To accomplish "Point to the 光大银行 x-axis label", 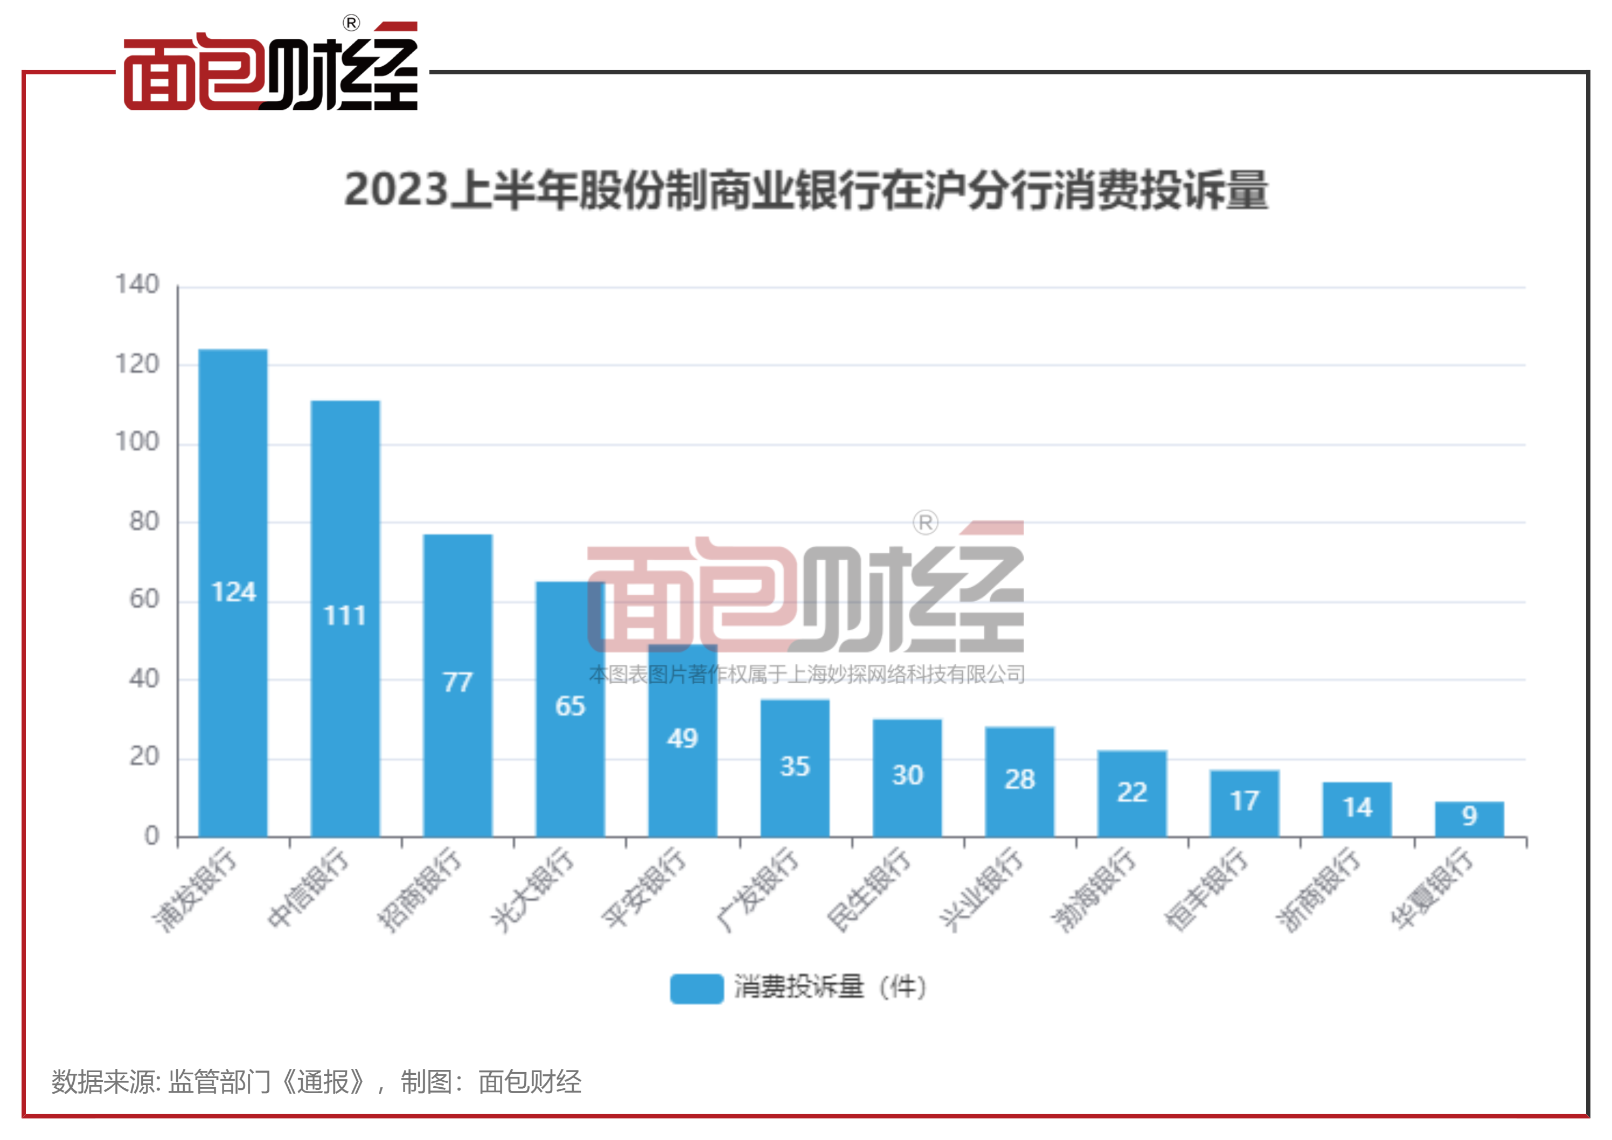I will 532,889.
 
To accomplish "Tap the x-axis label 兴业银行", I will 982,889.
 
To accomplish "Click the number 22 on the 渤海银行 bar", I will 1132,792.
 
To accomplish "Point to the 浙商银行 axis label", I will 1318,889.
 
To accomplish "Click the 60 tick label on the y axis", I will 144,600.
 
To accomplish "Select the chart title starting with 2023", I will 806,190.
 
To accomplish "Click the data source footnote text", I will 316,1082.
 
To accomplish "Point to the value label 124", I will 233,592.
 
